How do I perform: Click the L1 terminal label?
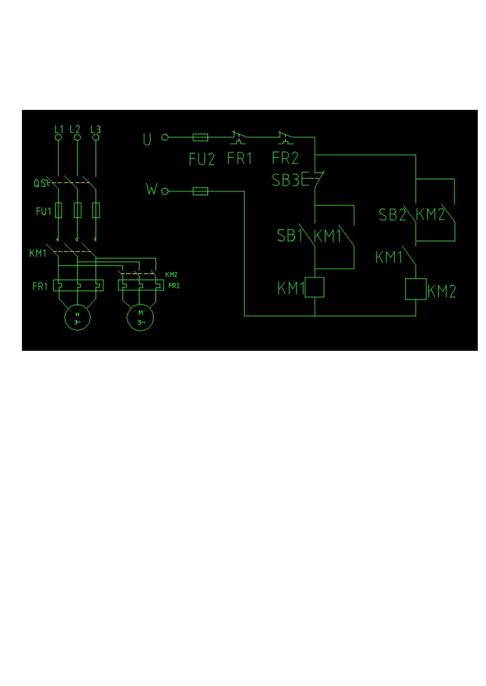pos(59,129)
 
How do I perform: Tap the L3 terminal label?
pos(96,129)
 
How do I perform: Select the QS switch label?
pos(40,183)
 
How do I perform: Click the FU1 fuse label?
pos(43,211)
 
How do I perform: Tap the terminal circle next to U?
pos(165,137)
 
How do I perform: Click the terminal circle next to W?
pos(165,191)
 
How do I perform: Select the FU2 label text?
pos(202,159)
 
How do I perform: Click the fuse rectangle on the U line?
pos(200,137)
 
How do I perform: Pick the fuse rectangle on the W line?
pos(200,191)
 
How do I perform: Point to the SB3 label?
pos(285,180)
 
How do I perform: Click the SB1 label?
pos(290,235)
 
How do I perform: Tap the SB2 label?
pos(392,214)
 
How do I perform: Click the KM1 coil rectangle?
pos(315,287)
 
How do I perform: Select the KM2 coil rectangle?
pos(416,289)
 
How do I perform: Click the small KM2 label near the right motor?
pos(171,275)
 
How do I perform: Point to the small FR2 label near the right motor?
pos(174,286)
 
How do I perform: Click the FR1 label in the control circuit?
pos(240,158)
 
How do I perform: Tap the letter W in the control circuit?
pos(152,189)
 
